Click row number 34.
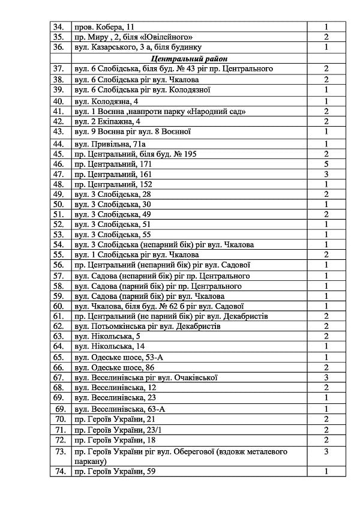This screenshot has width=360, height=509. (59, 27)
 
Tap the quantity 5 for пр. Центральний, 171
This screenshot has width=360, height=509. (326, 163)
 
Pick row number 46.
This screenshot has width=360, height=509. (59, 163)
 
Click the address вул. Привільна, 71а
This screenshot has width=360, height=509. (109, 143)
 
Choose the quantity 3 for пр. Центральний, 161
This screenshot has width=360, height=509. (326, 173)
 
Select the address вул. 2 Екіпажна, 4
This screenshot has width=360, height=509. (107, 121)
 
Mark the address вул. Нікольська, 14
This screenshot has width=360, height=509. (109, 346)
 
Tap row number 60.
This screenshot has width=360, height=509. (59, 306)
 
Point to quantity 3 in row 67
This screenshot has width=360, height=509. (326, 378)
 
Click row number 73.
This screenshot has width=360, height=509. (60, 451)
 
